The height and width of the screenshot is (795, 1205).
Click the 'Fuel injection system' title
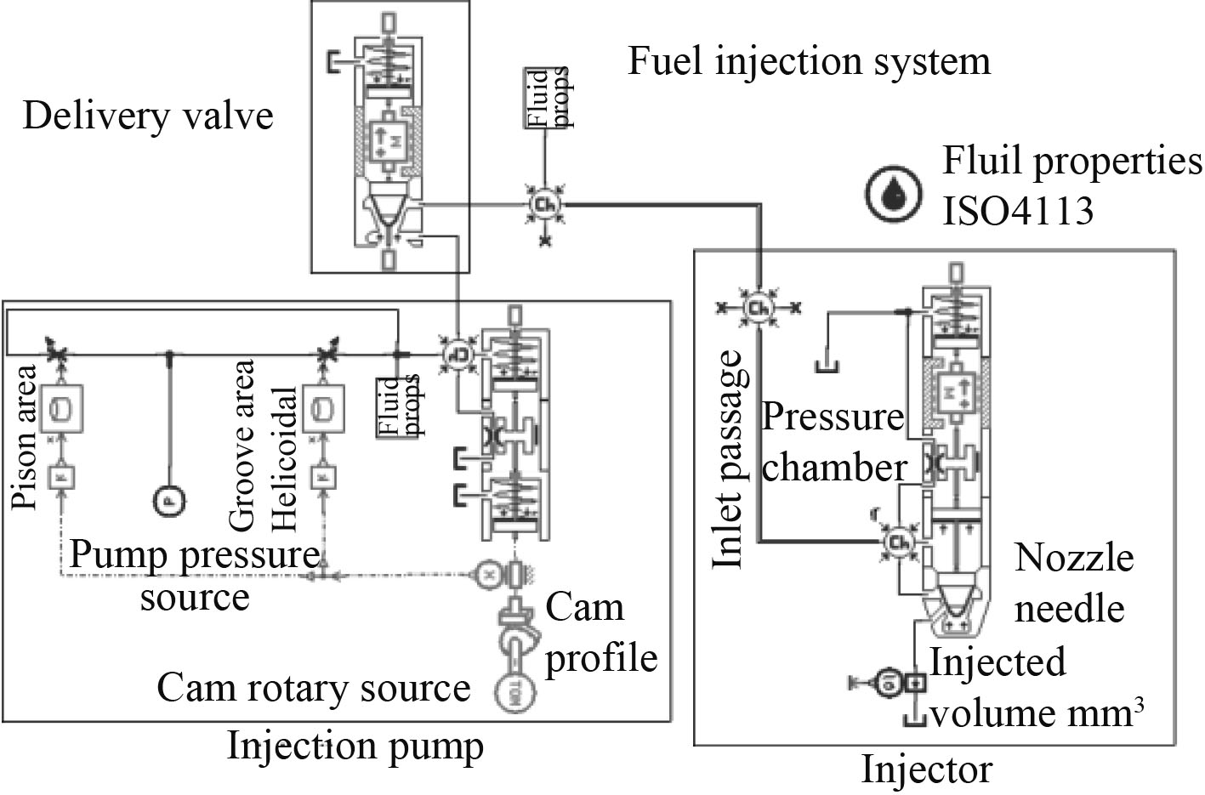[x=809, y=61]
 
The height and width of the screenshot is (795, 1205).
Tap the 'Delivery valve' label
[x=148, y=116]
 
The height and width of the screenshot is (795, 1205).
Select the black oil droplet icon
[x=894, y=193]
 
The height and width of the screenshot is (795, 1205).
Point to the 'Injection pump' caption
[x=355, y=747]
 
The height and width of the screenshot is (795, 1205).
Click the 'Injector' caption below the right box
[x=926, y=770]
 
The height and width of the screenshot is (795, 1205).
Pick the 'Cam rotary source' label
[x=313, y=688]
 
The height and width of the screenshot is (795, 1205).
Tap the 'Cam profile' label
[x=600, y=633]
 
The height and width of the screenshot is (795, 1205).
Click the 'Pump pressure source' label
[x=195, y=576]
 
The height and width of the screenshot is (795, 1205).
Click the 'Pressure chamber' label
[x=833, y=442]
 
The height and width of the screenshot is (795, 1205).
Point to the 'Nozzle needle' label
[x=1073, y=583]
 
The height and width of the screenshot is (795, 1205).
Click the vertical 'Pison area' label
[x=26, y=436]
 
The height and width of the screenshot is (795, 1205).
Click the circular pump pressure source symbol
[x=168, y=502]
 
